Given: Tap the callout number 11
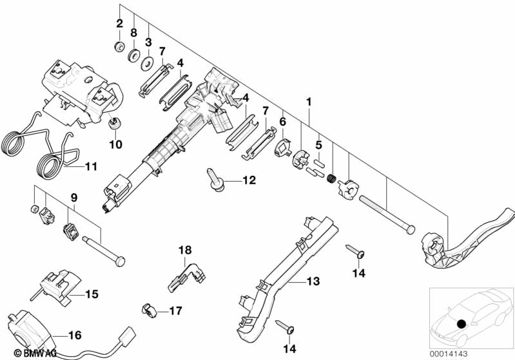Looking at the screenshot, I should point(90,166).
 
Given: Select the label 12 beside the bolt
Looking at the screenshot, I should point(249,180).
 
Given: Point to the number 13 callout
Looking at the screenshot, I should point(313,281).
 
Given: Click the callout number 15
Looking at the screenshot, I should point(92,294).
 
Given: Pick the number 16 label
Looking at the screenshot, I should point(74,335).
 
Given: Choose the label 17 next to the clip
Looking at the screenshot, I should point(175,310).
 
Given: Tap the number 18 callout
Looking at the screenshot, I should point(186,249).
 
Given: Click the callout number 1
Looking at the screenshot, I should point(309,101).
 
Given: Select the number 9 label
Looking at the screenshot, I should point(73,197).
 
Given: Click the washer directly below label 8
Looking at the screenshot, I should point(133,53).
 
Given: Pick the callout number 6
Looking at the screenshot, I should point(282,120).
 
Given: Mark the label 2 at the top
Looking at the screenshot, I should point(119,24).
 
